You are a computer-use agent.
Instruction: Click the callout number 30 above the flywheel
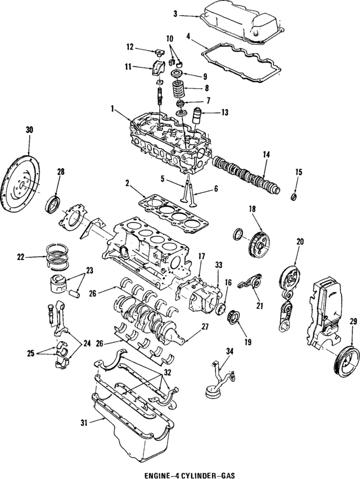[x=29, y=130]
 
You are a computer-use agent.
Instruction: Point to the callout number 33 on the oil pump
[x=218, y=265]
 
